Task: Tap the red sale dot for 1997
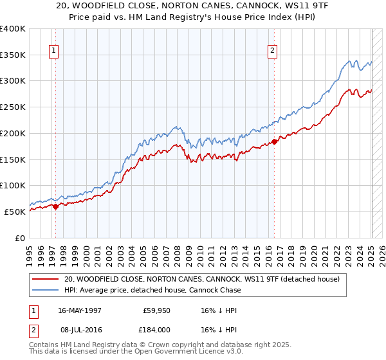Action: tap(56, 206)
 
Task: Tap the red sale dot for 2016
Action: tap(275, 141)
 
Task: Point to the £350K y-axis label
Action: tap(13, 55)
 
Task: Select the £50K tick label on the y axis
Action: tap(15, 212)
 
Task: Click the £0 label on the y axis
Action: tap(21, 238)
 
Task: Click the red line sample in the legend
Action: tap(45, 279)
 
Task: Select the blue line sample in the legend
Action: tap(45, 290)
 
